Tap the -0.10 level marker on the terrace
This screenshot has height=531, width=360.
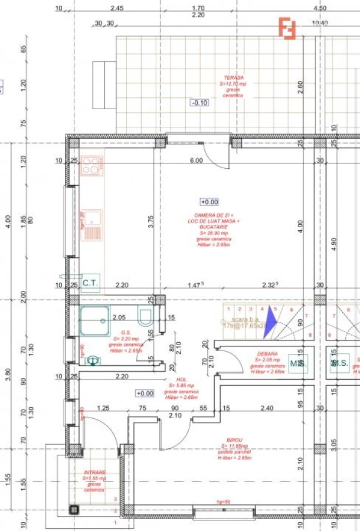pyautogui.click(x=199, y=103)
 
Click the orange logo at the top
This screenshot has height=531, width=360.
pyautogui.click(x=287, y=29)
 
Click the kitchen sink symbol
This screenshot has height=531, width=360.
pyautogui.click(x=91, y=225)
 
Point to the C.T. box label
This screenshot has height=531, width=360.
pyautogui.click(x=90, y=283)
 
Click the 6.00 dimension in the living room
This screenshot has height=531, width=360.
pyautogui.click(x=196, y=160)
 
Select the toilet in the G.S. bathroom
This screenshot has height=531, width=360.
pyautogui.click(x=144, y=318)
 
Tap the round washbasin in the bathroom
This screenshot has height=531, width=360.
pyautogui.click(x=93, y=359)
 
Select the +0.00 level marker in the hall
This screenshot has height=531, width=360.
pyautogui.click(x=145, y=393)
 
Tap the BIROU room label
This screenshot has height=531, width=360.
pyautogui.click(x=235, y=440)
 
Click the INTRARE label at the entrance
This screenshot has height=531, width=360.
pyautogui.click(x=94, y=473)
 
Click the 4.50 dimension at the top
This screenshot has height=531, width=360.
pyautogui.click(x=319, y=8)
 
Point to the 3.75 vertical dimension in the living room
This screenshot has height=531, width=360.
pyautogui.click(x=152, y=221)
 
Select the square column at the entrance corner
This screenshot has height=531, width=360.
pyautogui.click(x=74, y=510)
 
